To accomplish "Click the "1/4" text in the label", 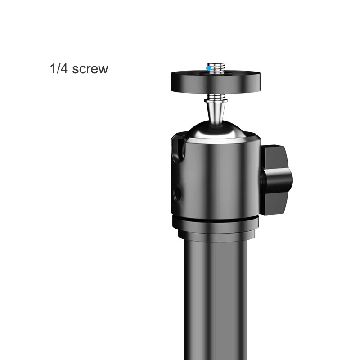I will [x=59, y=69].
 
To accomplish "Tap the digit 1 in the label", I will [x=52, y=69].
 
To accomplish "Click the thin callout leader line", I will [x=157, y=68].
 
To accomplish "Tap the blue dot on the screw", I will [x=207, y=68].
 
